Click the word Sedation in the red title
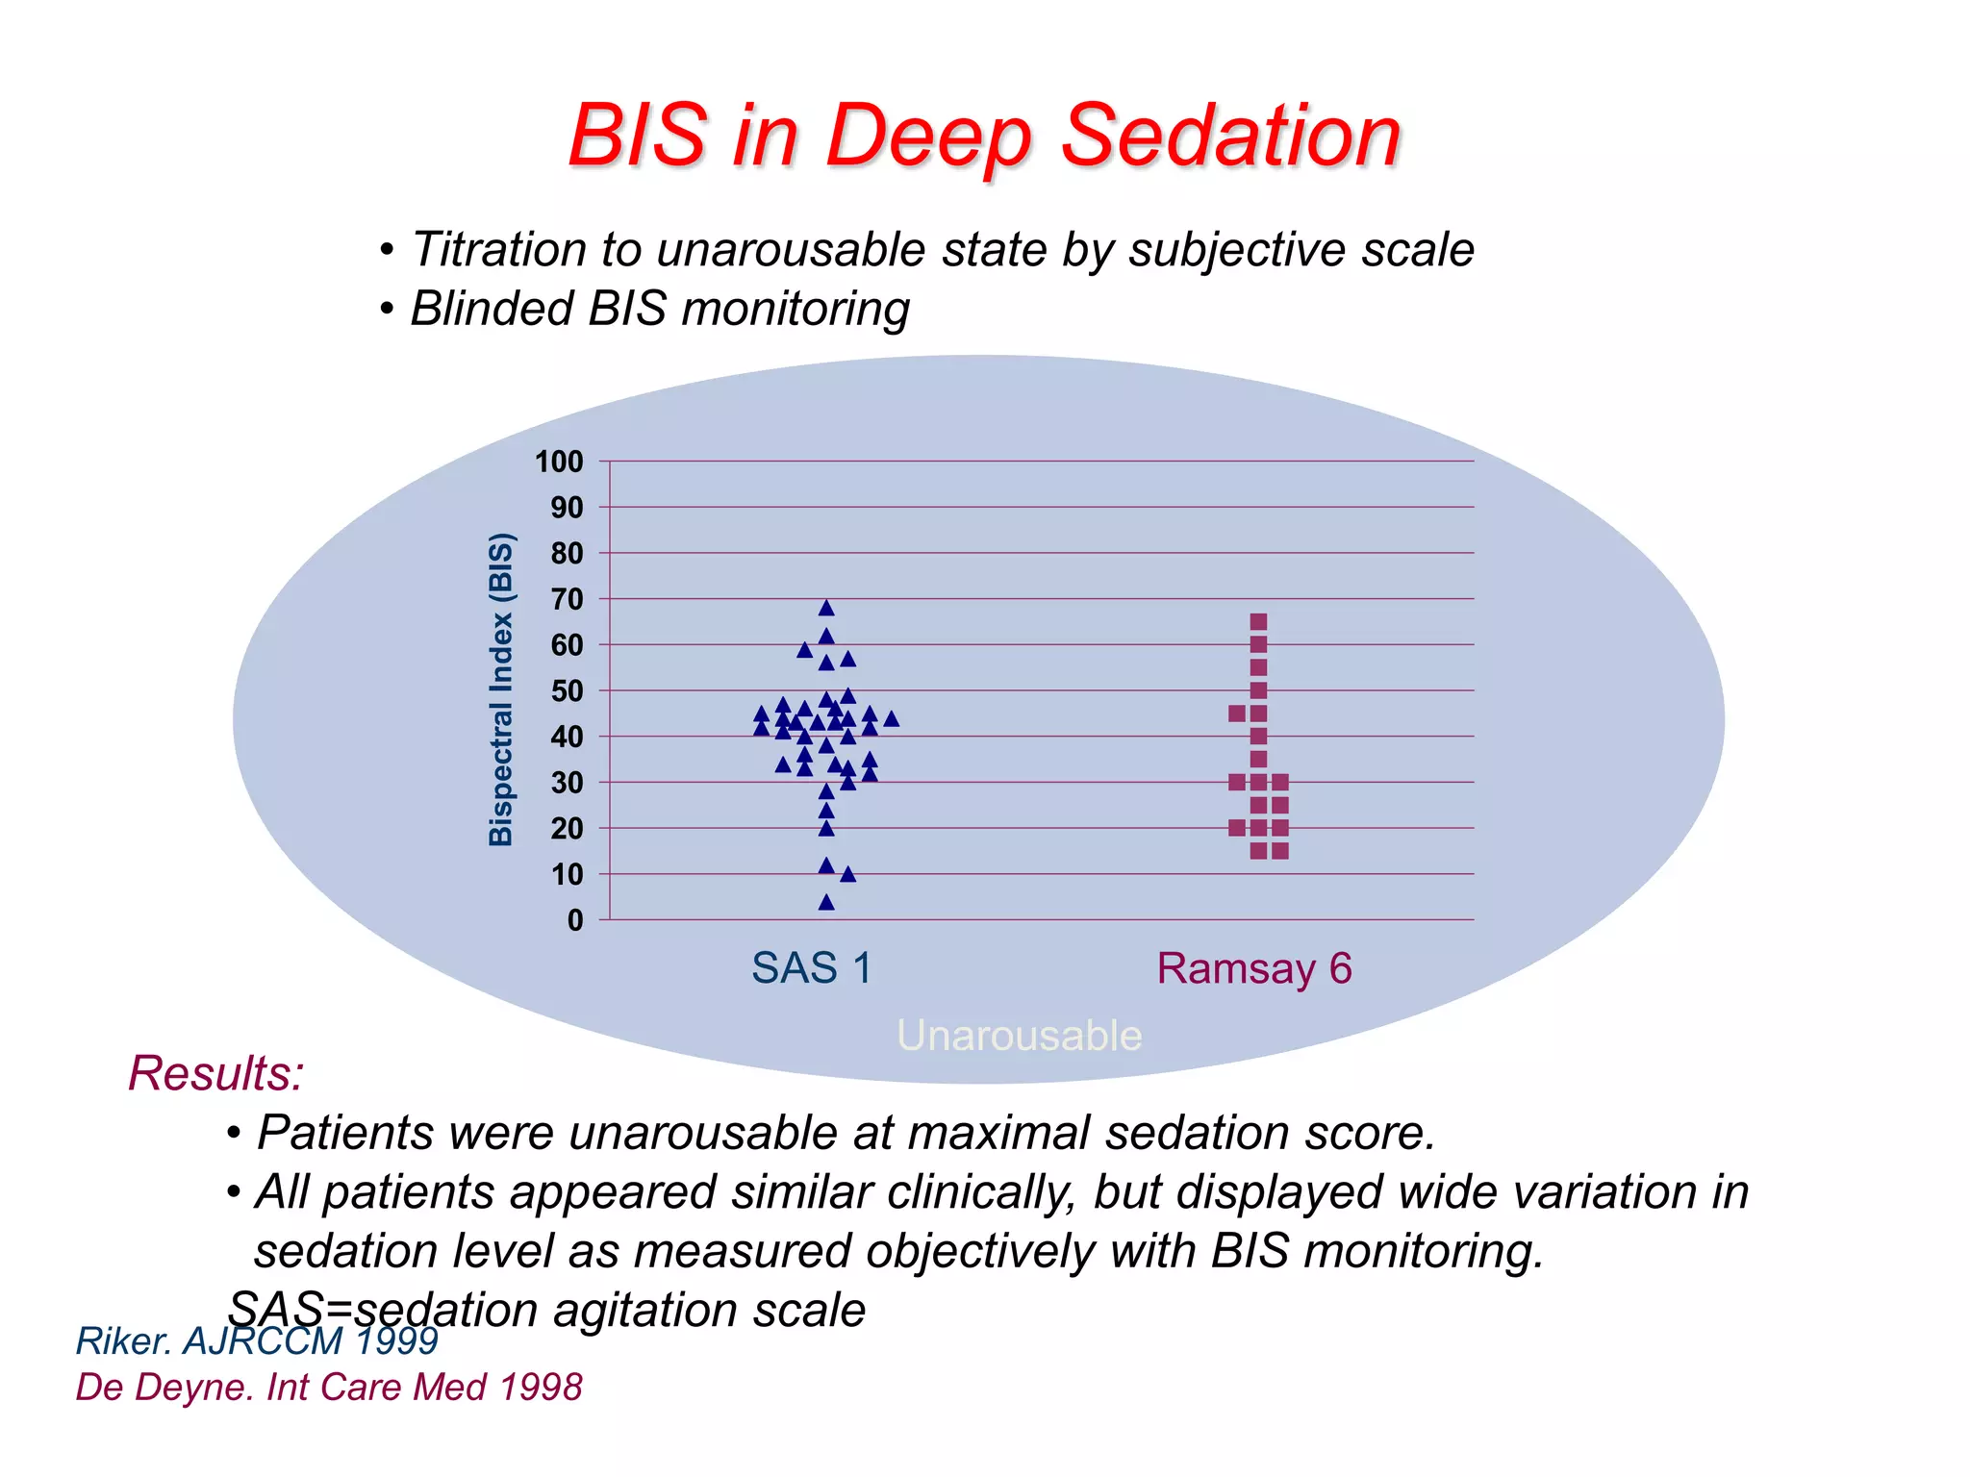[1231, 136]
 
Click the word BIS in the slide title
[637, 136]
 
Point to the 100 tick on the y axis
[559, 463]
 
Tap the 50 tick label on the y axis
[567, 691]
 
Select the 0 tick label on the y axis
[575, 921]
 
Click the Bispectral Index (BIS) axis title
[501, 689]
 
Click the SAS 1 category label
[811, 968]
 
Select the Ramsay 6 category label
[1254, 968]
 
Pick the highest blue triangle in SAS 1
[826, 608]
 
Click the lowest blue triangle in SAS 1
[826, 902]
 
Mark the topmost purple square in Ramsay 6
[1258, 621]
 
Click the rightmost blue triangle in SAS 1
[891, 718]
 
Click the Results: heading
[215, 1073]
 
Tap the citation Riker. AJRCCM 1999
[257, 1340]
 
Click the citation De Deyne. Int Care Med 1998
[329, 1388]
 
